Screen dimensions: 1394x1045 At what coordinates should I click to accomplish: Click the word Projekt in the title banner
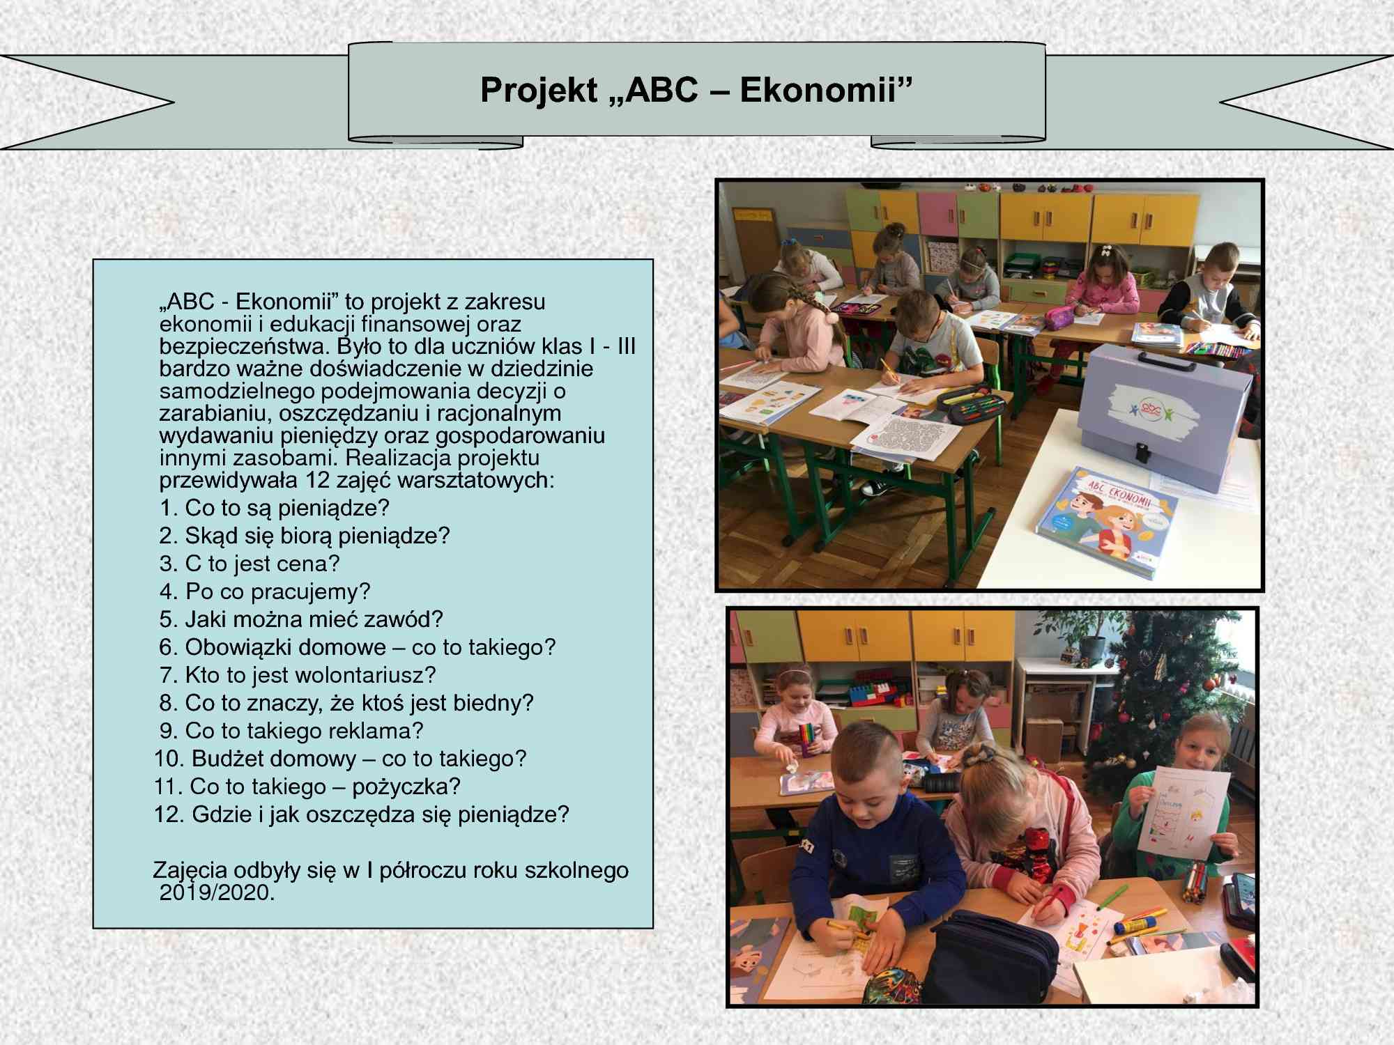coord(539,91)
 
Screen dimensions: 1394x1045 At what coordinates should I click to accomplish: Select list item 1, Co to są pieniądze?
coord(274,508)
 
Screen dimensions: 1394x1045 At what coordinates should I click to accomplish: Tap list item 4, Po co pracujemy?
coord(265,591)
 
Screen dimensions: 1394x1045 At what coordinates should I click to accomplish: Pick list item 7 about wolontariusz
coord(298,675)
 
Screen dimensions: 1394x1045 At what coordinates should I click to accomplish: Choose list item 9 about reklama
coord(291,731)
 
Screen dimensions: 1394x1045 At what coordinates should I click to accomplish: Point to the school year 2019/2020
coord(217,893)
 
